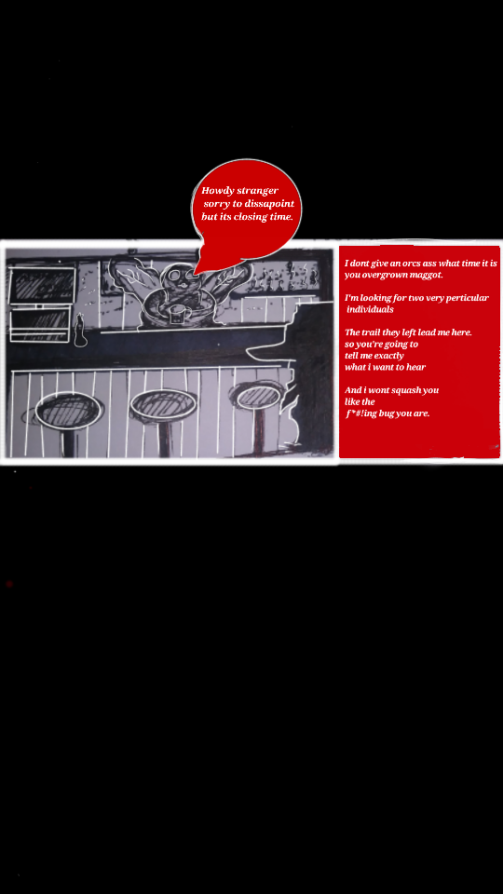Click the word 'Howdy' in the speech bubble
218,190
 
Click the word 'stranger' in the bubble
258,190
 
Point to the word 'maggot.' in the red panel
427,275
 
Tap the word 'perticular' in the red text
466,298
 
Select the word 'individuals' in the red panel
370,309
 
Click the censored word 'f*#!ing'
361,413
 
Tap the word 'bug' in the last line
386,413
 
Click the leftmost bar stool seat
69,411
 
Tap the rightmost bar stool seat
258,397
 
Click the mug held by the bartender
177,315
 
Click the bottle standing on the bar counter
80,331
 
